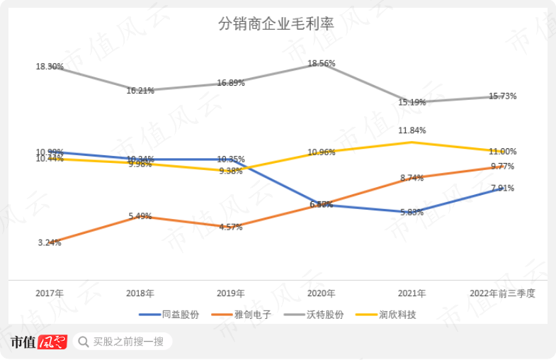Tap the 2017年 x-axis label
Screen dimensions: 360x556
pyautogui.click(x=50, y=293)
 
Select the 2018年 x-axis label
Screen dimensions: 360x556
pyautogui.click(x=140, y=293)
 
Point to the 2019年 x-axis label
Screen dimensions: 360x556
pyautogui.click(x=231, y=293)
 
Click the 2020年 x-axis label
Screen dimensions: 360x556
pyautogui.click(x=321, y=293)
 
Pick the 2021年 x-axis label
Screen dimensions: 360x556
pyautogui.click(x=412, y=293)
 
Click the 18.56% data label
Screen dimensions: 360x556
pyautogui.click(x=322, y=64)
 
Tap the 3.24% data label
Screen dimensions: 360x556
pyautogui.click(x=50, y=242)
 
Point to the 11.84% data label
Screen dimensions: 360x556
pyautogui.click(x=412, y=130)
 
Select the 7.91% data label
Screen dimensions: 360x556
pyautogui.click(x=502, y=189)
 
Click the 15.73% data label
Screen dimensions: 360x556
pyautogui.click(x=502, y=96)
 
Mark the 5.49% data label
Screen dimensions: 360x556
pyautogui.click(x=140, y=217)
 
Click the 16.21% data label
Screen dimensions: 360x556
pyautogui.click(x=140, y=91)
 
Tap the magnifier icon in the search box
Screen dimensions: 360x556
pyautogui.click(x=83, y=342)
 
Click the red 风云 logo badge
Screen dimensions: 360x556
pyautogui.click(x=52, y=342)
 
